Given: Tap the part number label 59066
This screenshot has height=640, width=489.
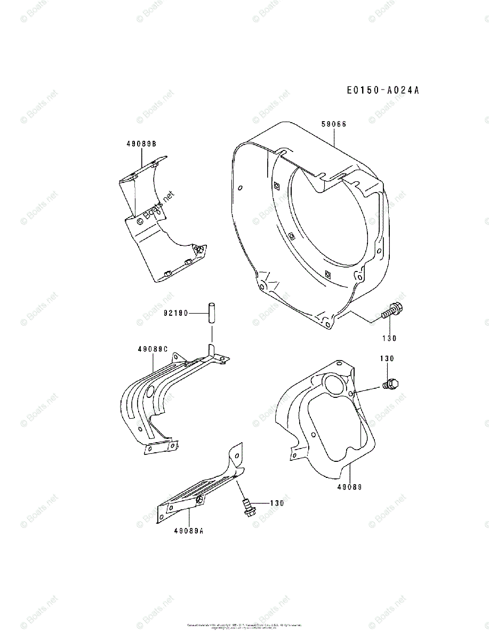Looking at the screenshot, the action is pos(334,124).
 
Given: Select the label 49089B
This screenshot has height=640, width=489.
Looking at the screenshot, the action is pos(141,144).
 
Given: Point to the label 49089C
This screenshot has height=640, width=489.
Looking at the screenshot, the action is pos(153,349).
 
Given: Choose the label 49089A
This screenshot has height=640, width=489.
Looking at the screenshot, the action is pos(189,530).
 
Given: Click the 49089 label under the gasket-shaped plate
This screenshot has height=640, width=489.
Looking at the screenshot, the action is pos(349,486).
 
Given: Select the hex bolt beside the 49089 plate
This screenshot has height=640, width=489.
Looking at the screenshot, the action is pos(391,383).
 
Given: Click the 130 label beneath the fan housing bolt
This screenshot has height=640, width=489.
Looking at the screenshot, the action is pos(389,338).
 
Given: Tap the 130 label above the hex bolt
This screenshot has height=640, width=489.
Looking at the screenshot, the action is pos(387,358).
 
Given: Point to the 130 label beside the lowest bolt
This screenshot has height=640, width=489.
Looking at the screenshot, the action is pos(276,503).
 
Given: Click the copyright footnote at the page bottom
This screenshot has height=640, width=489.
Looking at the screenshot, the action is pos(244,626).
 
